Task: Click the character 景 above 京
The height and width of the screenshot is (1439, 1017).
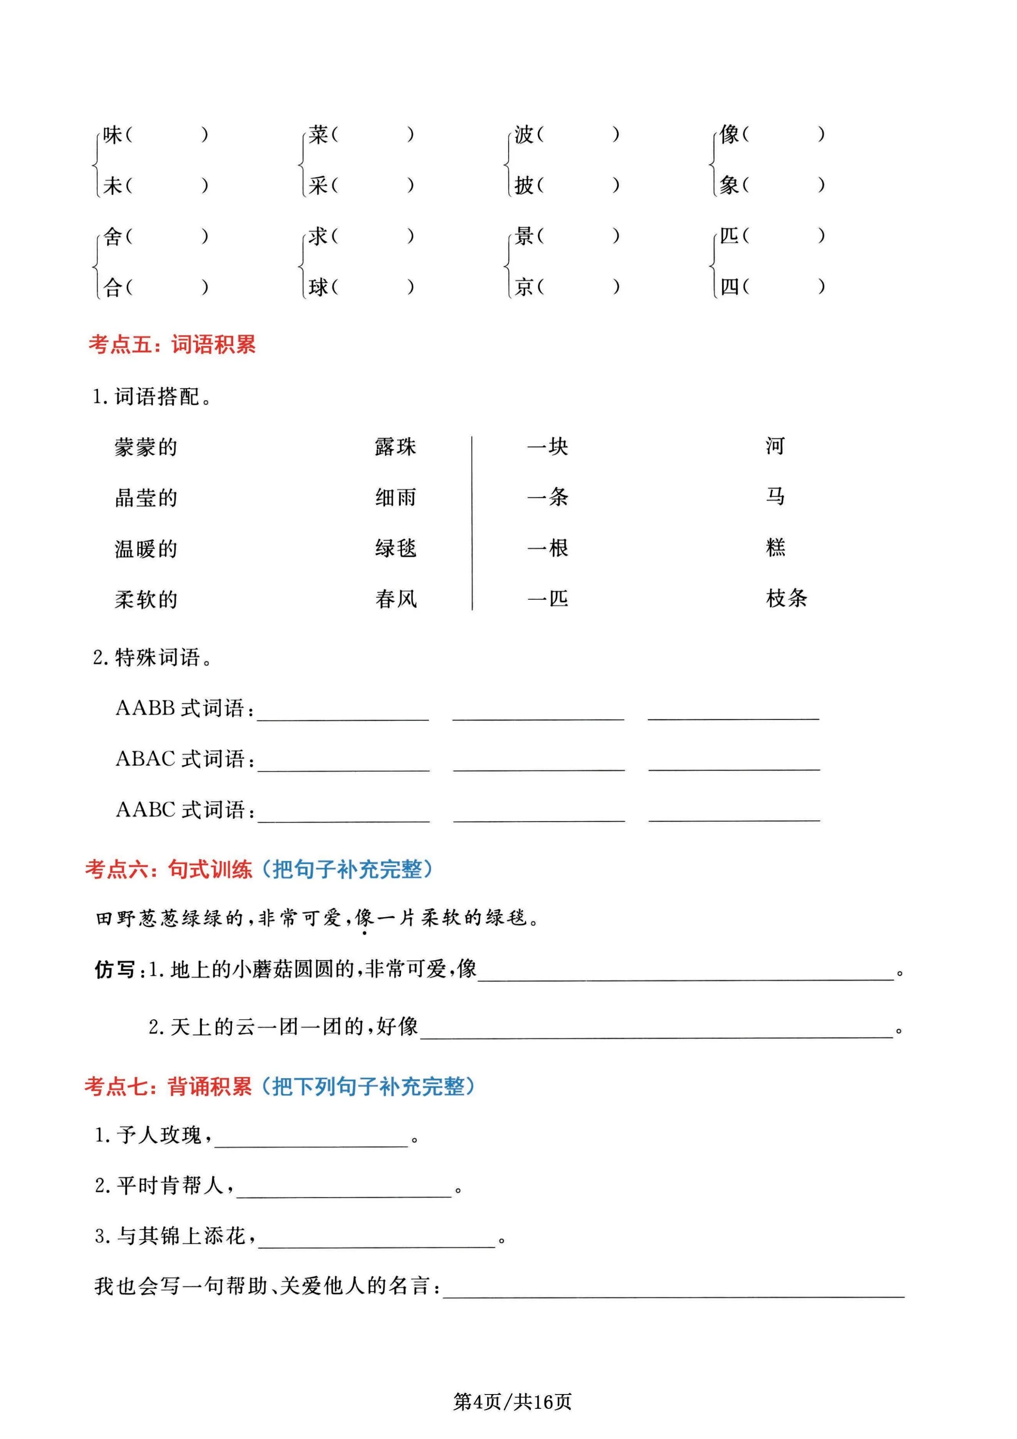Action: (524, 236)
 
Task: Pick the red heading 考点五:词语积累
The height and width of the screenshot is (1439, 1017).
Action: (172, 344)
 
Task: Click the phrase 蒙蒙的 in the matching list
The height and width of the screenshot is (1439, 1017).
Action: (146, 447)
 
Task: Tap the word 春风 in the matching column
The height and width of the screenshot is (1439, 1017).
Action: (395, 599)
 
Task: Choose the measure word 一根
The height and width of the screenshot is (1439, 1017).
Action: (548, 548)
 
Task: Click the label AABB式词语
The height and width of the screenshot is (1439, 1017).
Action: (184, 708)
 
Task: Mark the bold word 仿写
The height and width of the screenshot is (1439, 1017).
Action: (115, 970)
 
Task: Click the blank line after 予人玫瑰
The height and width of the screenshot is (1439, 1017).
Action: (311, 1139)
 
